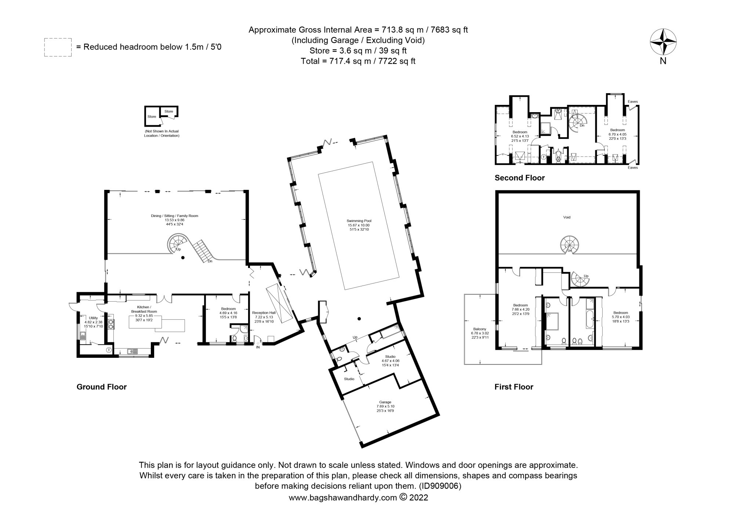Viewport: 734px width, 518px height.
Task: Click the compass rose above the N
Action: [663, 42]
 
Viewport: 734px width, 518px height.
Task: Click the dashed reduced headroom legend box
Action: [58, 47]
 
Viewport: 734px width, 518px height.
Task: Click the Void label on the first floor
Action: [567, 217]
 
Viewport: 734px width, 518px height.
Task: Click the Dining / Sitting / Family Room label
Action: [174, 216]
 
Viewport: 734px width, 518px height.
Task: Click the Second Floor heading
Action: [519, 178]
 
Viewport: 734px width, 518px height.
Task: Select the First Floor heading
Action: [513, 387]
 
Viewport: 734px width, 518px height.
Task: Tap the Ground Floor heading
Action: [101, 387]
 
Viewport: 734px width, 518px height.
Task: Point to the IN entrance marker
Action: [258, 347]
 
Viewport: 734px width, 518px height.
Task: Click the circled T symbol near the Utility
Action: [109, 350]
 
